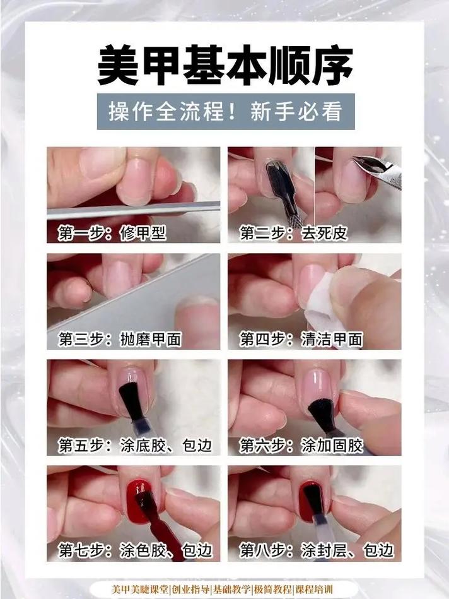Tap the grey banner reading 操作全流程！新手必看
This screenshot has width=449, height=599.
[x=225, y=112]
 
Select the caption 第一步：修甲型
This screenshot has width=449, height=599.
[x=112, y=234]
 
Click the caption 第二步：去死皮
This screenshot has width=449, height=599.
[x=293, y=234]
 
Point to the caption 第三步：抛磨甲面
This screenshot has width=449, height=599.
[x=120, y=340]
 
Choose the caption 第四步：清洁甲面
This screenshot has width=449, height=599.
[x=301, y=340]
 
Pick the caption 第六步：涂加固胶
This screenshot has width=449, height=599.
[x=301, y=446]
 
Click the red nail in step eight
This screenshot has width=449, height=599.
[x=310, y=499]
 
